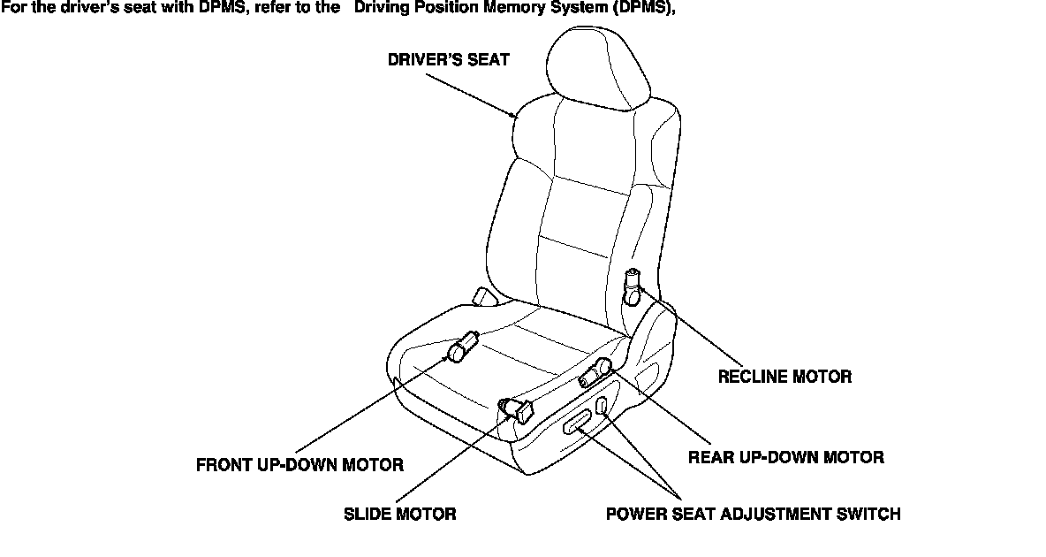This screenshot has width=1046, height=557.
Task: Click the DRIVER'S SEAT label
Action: (448, 61)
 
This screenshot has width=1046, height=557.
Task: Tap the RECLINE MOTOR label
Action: (784, 377)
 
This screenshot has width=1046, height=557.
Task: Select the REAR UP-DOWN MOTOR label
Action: (785, 457)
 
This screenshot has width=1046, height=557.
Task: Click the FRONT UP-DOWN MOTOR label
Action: (299, 465)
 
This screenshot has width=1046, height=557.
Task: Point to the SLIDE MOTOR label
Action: (399, 514)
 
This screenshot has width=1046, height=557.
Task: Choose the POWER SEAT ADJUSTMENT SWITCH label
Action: (753, 514)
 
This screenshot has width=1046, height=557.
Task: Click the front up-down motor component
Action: (463, 347)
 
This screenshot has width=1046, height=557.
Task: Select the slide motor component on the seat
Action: (517, 408)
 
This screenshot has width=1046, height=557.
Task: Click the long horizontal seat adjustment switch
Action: (580, 424)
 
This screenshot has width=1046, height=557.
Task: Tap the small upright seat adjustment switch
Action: (602, 407)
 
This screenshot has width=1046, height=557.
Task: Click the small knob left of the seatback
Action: (482, 297)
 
